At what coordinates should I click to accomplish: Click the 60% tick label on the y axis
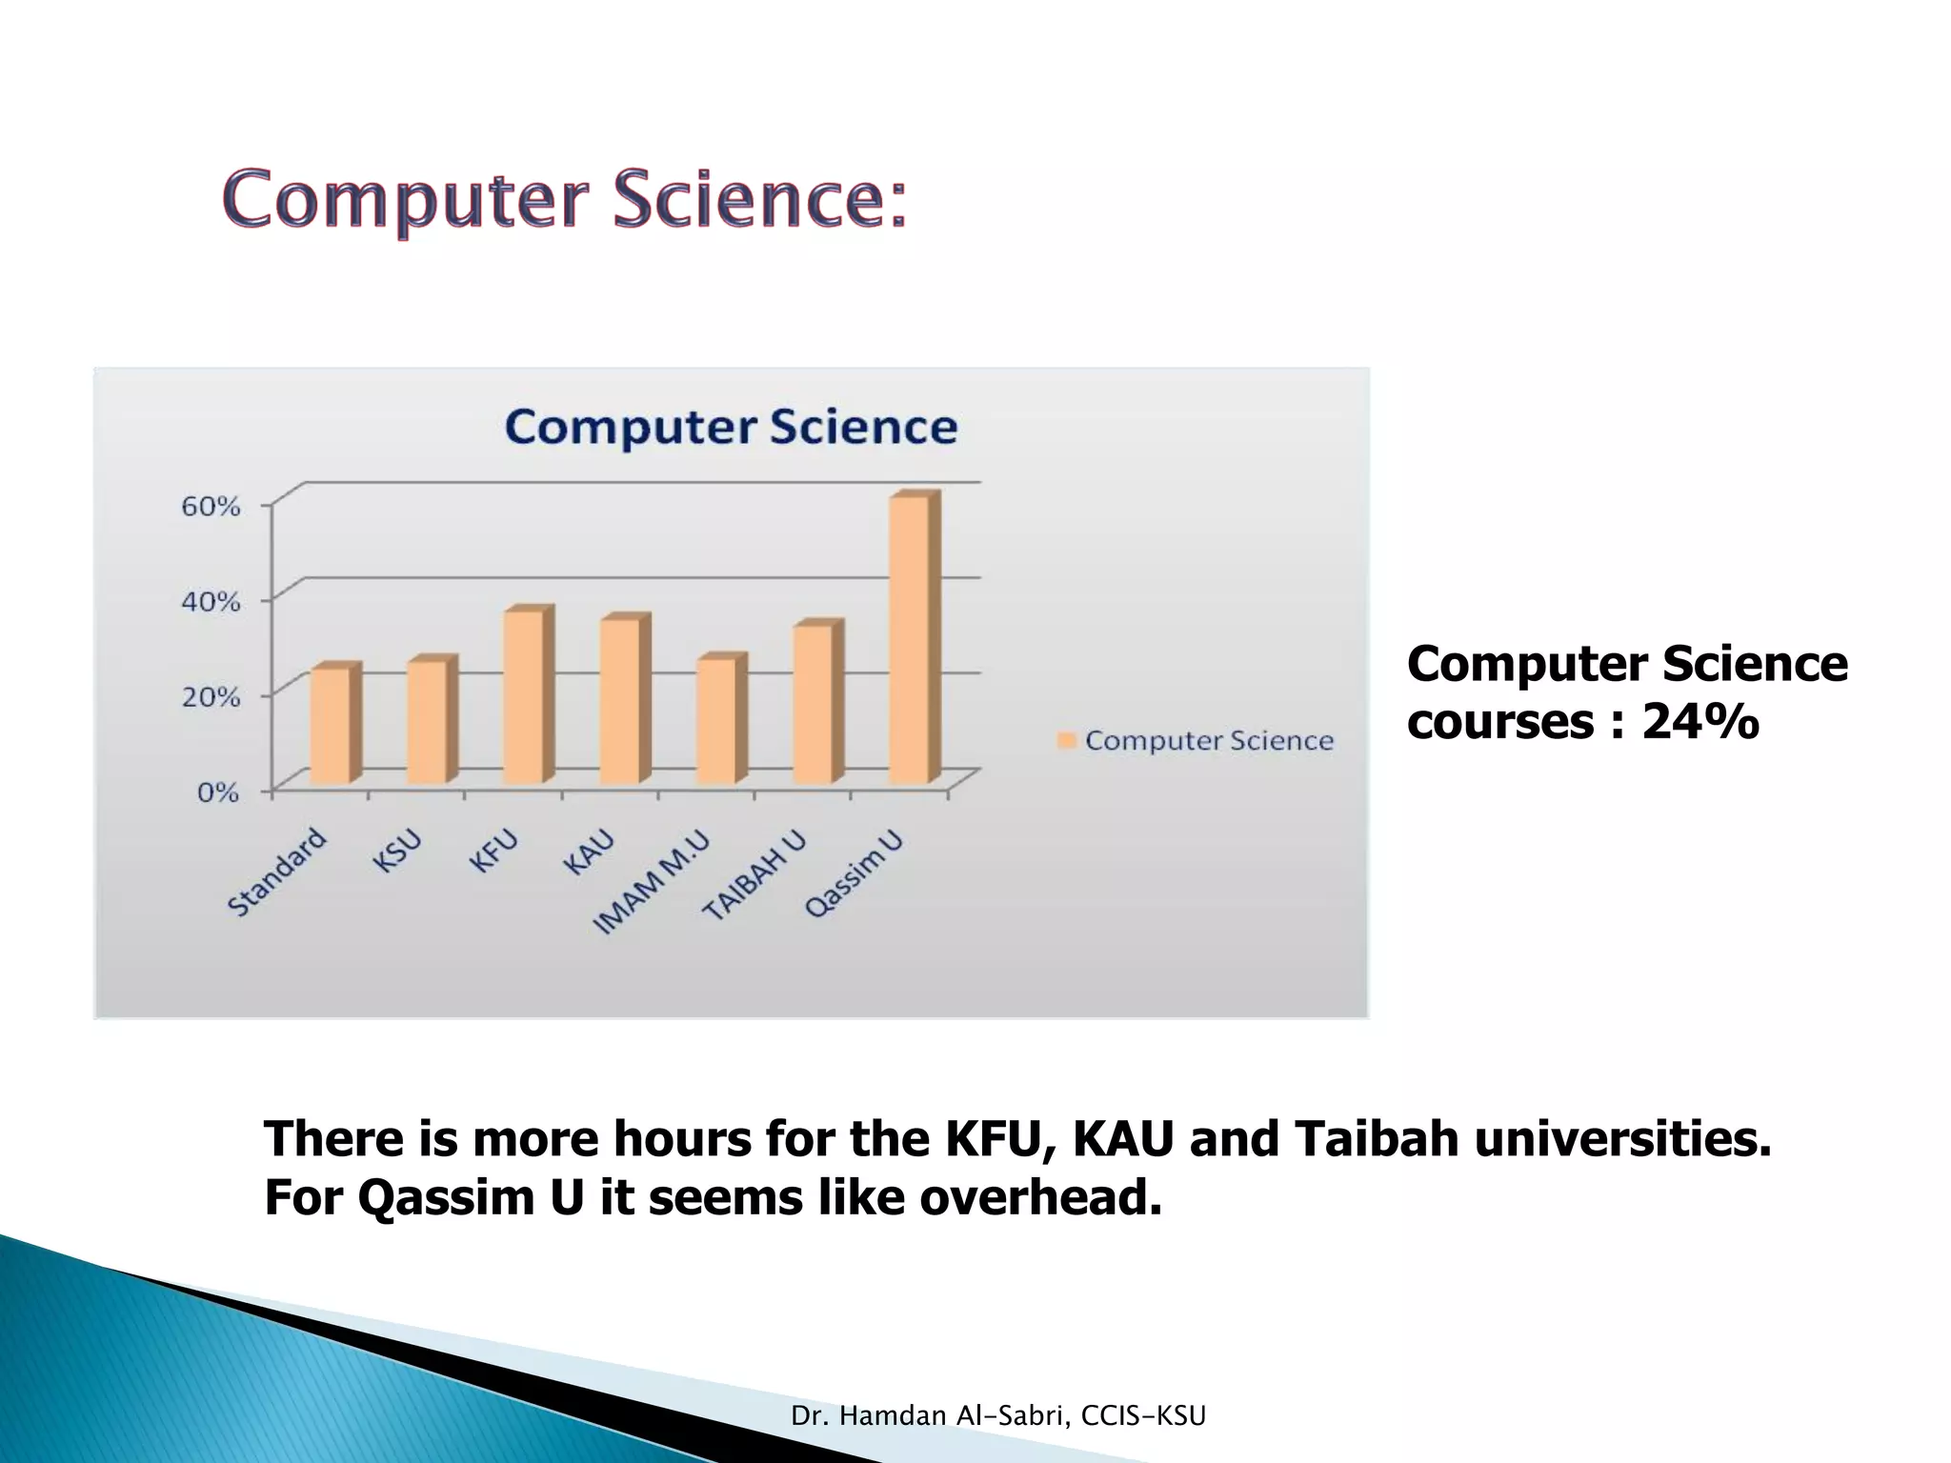point(211,506)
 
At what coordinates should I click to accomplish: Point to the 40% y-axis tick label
point(211,601)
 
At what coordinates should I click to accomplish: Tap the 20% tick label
point(211,696)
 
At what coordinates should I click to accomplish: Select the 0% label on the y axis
point(218,792)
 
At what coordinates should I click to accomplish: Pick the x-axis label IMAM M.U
point(651,883)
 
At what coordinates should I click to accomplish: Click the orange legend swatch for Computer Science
point(1066,740)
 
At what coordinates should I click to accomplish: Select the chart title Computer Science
point(731,427)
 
